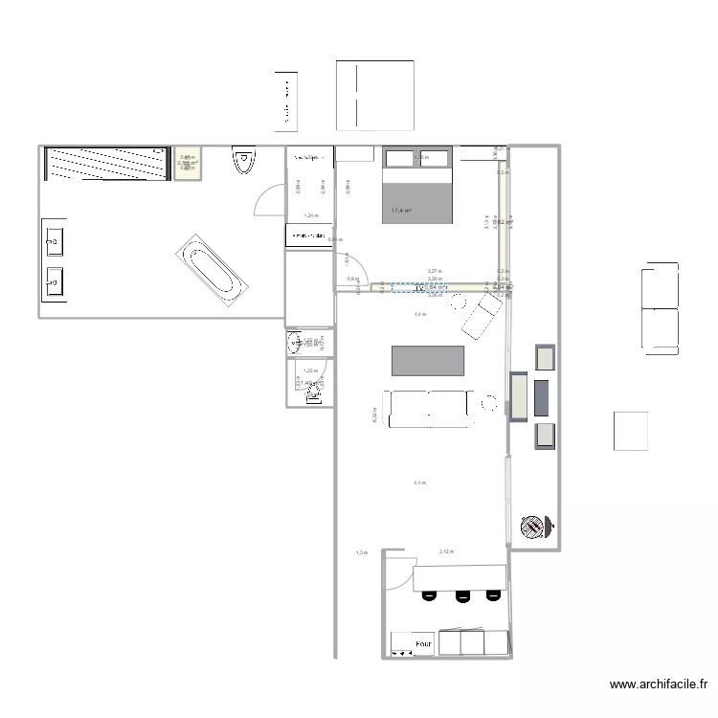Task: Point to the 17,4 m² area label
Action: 401,211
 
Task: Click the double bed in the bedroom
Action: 417,186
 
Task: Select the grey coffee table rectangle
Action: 428,361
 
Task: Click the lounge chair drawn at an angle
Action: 481,314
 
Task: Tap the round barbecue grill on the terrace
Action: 530,526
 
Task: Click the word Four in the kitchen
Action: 424,646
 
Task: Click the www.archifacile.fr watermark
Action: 659,685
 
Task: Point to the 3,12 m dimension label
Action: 446,552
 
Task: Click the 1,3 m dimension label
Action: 361,552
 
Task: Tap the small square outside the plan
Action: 631,431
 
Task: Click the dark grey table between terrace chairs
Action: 542,395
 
